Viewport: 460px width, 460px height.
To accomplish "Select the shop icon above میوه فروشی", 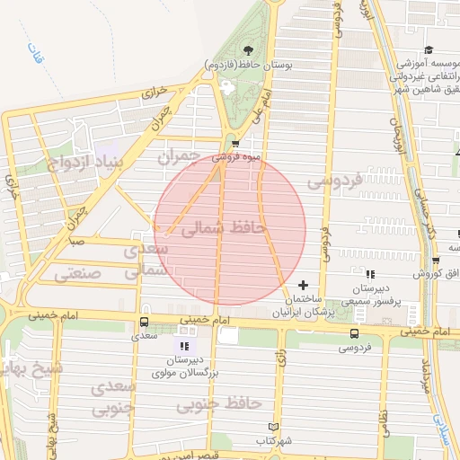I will tap(235, 144).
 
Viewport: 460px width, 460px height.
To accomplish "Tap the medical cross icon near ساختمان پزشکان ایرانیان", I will tap(302, 285).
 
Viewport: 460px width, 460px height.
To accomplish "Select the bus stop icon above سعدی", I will tap(144, 322).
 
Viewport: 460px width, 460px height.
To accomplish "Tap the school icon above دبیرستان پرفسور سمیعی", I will tap(370, 274).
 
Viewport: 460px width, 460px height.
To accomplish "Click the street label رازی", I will tap(280, 360).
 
